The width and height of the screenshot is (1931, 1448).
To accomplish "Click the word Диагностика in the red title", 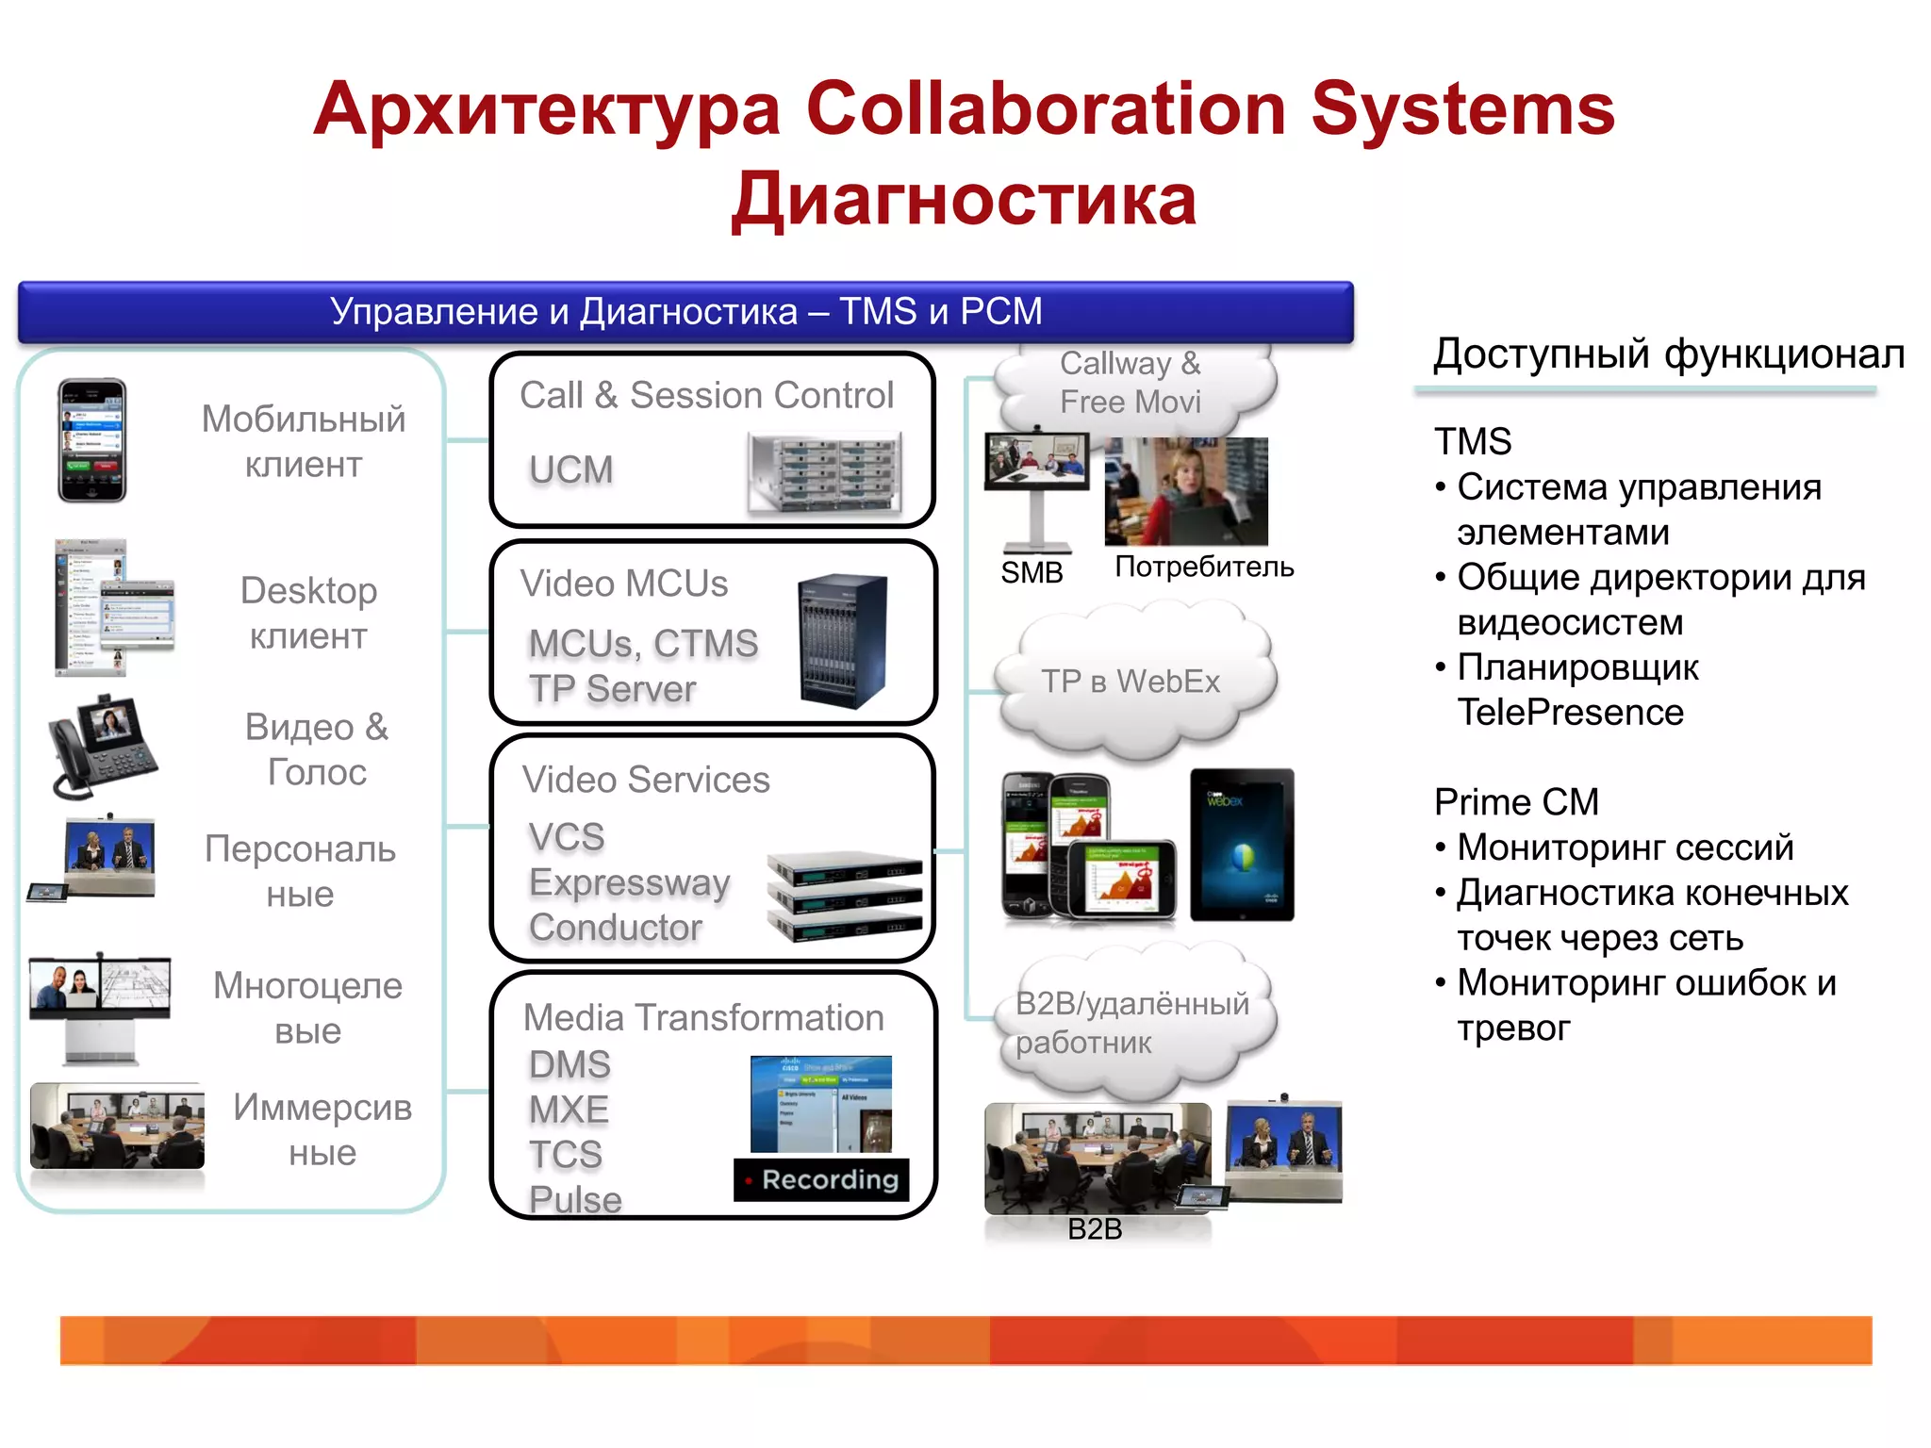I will click(964, 200).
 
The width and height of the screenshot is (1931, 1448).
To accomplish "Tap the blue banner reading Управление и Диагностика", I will click(685, 312).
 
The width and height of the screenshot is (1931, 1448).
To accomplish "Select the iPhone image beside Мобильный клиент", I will click(91, 440).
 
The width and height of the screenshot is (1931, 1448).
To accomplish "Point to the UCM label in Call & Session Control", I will click(570, 469).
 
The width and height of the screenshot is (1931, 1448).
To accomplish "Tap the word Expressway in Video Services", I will click(629, 883).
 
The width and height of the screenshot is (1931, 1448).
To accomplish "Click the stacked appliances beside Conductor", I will click(844, 896).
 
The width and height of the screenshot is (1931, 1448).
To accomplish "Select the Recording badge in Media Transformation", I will click(821, 1179).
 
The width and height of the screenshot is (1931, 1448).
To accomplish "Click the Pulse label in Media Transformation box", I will click(575, 1199).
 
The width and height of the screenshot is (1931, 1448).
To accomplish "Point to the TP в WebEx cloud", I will click(1131, 682).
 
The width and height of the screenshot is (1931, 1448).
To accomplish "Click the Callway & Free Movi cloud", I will click(1131, 383).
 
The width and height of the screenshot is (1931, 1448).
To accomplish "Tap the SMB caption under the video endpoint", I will click(1032, 572).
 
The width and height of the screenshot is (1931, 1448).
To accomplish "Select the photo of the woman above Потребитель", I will click(1186, 491).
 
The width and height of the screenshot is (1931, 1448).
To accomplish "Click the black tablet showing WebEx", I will click(1242, 845).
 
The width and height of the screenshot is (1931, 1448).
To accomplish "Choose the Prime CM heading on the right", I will click(1516, 802).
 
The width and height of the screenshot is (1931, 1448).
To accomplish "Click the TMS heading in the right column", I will click(1473, 441).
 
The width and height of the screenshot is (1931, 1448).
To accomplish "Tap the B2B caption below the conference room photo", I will click(1095, 1229).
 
